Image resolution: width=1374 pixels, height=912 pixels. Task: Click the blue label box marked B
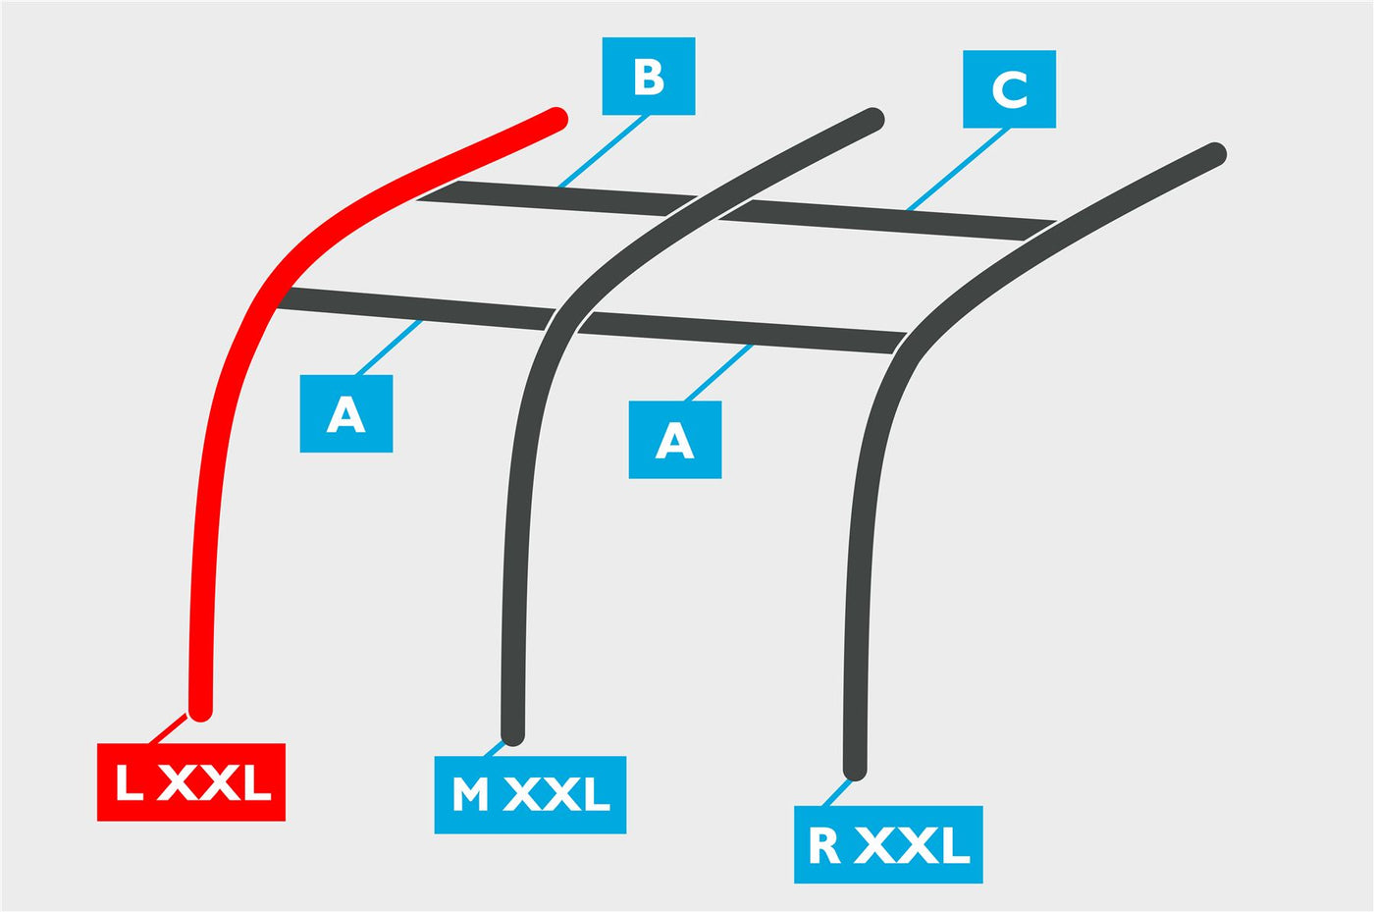point(649,77)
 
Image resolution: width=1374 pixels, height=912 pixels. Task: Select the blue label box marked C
point(1009,89)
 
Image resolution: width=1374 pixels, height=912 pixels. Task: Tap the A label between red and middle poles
point(345,413)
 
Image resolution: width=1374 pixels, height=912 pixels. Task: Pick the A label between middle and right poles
point(675,440)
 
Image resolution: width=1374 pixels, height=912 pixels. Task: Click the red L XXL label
point(191,781)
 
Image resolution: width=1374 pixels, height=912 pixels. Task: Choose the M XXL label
point(530,795)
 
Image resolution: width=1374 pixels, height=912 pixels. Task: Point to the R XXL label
point(888,844)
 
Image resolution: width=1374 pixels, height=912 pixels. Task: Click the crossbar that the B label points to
point(557,198)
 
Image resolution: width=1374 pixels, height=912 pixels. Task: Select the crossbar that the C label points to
point(887,220)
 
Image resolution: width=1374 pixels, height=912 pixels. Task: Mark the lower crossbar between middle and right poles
point(742,333)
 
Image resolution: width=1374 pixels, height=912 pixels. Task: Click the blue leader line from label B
point(603,151)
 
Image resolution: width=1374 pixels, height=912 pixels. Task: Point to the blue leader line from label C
point(958,170)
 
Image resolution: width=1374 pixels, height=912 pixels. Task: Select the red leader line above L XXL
point(168,728)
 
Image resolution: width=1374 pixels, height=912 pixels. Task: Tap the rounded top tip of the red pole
point(557,119)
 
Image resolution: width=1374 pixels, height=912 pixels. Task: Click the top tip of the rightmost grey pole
point(1215,153)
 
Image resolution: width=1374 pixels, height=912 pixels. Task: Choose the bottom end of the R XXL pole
point(855,770)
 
